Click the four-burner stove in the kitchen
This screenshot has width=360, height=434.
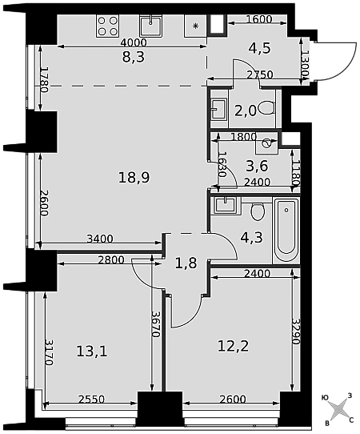coord(107,26)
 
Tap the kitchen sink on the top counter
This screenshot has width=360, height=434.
coord(150,26)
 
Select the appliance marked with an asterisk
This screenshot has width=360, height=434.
coord(195,26)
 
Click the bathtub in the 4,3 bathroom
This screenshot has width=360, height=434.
coord(286,231)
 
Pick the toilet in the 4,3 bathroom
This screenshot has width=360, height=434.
coord(258,211)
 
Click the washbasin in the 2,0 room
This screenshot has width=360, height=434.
coord(218,109)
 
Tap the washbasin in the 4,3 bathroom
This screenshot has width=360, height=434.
coord(225,205)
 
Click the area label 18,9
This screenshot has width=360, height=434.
coord(134,177)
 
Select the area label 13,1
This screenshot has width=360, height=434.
coord(92,352)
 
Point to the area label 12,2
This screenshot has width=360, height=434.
coord(234,346)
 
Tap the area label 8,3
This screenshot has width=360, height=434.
coord(134,58)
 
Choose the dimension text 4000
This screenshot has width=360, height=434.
coord(134,43)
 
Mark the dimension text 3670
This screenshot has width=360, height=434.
coord(156,324)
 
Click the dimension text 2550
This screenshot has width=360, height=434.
coord(91,400)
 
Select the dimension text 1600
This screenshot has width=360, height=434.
coord(259,19)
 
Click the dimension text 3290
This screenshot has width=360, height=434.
coord(297,332)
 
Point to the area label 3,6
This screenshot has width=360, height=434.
coord(257,166)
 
